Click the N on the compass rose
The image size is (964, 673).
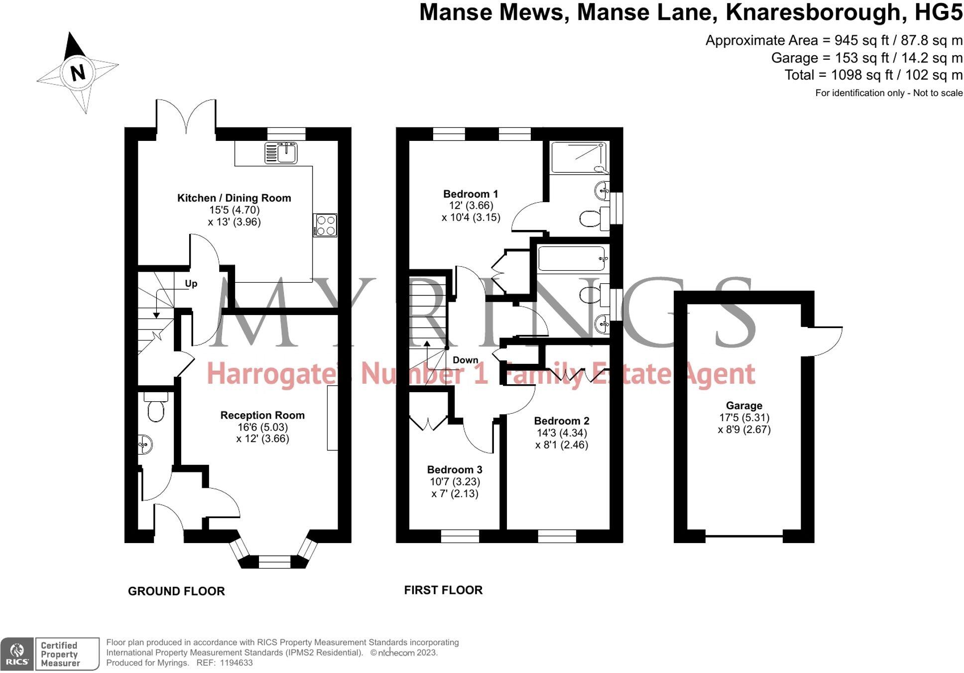(x=78, y=73)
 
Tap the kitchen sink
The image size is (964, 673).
(x=281, y=152)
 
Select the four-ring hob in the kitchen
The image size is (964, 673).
(x=325, y=225)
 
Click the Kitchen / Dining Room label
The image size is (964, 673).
(x=234, y=198)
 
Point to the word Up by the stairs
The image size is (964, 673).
(x=191, y=284)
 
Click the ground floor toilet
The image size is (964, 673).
(x=156, y=408)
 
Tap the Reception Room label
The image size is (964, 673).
(x=262, y=415)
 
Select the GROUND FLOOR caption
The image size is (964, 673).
(x=176, y=591)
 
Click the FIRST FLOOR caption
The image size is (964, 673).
(x=443, y=590)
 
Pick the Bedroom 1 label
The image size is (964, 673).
(x=471, y=194)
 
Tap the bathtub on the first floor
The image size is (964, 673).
(x=572, y=259)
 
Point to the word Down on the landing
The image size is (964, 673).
(x=465, y=360)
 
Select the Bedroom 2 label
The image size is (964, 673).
(x=562, y=421)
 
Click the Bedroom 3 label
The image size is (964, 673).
(x=455, y=469)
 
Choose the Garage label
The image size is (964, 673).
(x=744, y=406)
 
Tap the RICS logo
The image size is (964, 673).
(x=17, y=654)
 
